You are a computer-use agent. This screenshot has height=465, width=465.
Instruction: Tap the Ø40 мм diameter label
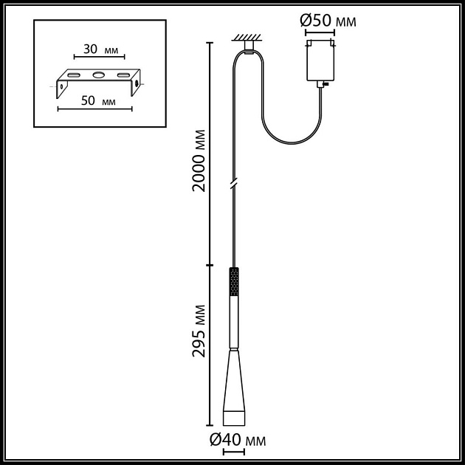(x=238, y=440)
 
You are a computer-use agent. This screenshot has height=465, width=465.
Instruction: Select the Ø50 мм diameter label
(x=328, y=21)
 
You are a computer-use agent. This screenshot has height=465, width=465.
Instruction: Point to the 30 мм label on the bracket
(x=100, y=49)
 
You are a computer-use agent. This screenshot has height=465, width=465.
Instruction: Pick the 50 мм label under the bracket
(x=98, y=101)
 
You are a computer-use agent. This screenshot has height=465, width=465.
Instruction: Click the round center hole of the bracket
(x=98, y=75)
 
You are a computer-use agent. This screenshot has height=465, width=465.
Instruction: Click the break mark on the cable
(x=234, y=184)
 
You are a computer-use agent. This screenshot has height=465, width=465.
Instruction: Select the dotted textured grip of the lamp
(x=234, y=282)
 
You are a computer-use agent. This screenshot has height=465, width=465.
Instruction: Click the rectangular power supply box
(x=320, y=61)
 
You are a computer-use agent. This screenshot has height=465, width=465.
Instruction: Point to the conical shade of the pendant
(x=234, y=380)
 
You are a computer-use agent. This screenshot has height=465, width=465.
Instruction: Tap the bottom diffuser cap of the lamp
(x=234, y=418)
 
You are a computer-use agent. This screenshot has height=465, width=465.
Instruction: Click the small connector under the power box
(x=321, y=84)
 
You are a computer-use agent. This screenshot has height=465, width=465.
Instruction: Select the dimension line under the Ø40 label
(x=234, y=452)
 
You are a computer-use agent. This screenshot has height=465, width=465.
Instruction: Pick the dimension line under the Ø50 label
(x=320, y=32)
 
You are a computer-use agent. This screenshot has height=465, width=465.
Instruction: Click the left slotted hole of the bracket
(x=74, y=75)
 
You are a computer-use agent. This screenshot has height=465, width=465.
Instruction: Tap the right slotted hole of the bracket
(x=123, y=75)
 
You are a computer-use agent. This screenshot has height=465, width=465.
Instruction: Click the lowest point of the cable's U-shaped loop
(x=292, y=143)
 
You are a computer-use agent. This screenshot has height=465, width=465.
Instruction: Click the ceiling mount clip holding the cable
(x=249, y=48)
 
